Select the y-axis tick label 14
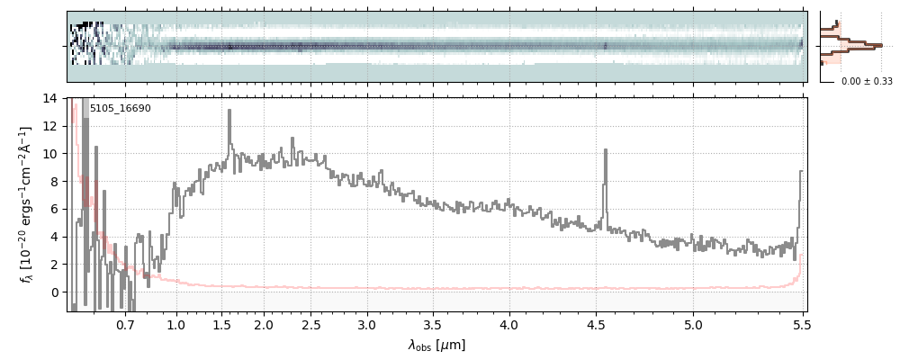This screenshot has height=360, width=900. tap(50, 98)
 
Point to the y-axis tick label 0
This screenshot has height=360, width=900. tap(54, 292)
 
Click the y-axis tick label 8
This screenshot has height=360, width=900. tap(54, 182)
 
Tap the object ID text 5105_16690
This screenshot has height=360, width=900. tap(120, 109)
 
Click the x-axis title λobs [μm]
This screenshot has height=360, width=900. tap(436, 345)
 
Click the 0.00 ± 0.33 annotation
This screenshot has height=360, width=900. tap(866, 81)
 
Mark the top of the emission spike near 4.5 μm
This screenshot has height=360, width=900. tap(605, 150)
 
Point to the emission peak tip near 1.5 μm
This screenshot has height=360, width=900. tap(229, 111)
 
